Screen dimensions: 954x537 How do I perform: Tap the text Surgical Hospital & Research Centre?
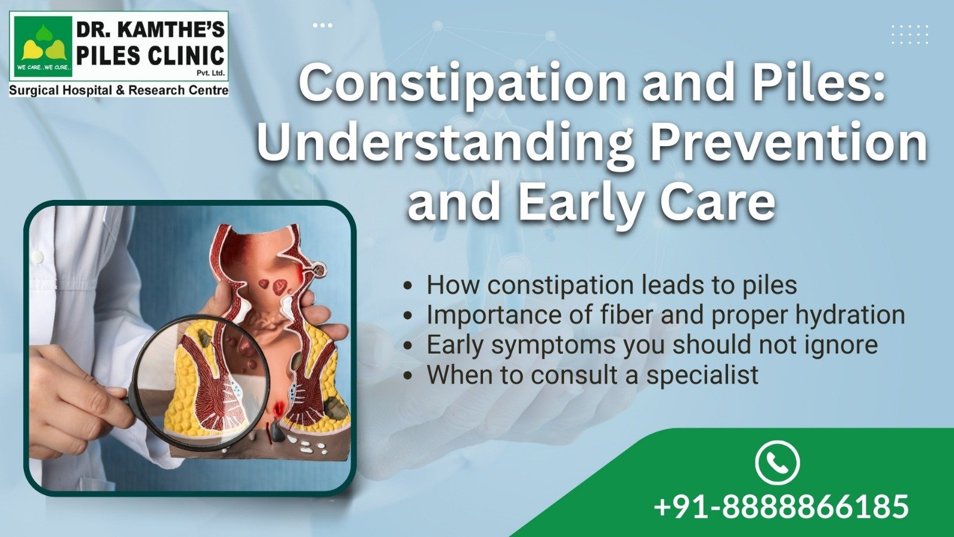pyautogui.click(x=119, y=90)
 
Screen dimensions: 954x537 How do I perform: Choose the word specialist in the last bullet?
pyautogui.click(x=702, y=375)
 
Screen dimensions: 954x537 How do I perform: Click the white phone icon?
pyautogui.click(x=778, y=462)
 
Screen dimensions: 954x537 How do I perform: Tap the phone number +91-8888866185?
pyautogui.click(x=782, y=506)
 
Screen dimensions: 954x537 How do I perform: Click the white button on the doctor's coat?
pyautogui.click(x=39, y=257)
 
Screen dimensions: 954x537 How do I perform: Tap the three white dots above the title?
pyautogui.click(x=323, y=26)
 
